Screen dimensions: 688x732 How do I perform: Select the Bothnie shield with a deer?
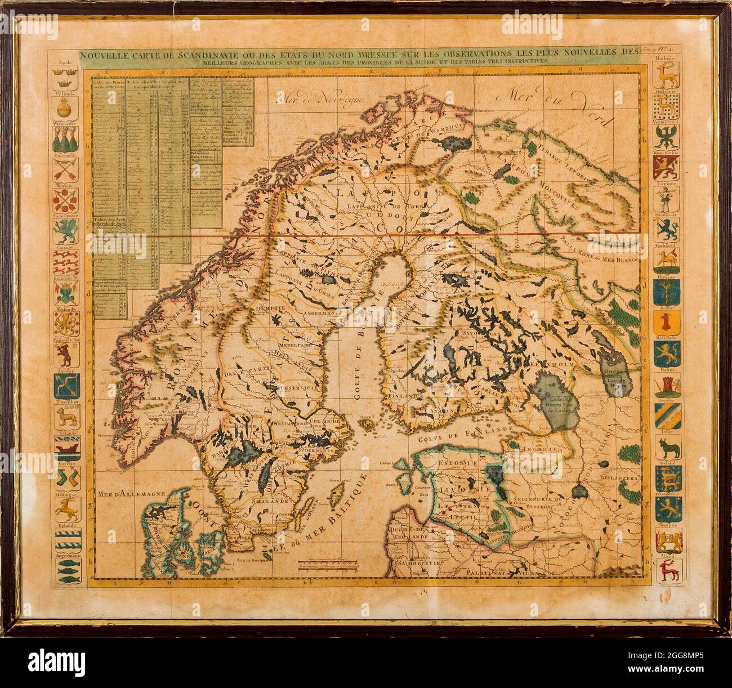[669, 72]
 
